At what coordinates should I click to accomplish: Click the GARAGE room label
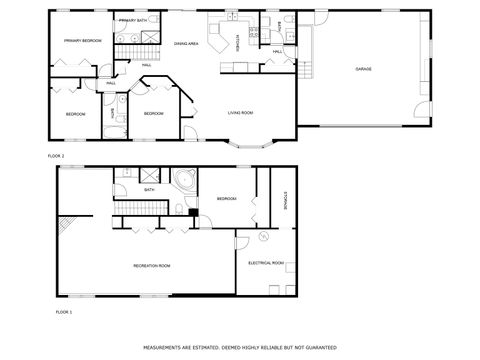(363, 69)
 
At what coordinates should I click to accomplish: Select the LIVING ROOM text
(240, 113)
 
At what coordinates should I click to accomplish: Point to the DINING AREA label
(186, 44)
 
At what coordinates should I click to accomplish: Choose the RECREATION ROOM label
(152, 265)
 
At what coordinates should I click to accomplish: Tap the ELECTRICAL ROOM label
(266, 263)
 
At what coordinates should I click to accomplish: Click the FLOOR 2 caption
(56, 156)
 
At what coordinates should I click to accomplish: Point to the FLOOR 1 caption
(64, 313)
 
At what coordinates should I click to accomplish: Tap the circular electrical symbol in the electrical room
(262, 237)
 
